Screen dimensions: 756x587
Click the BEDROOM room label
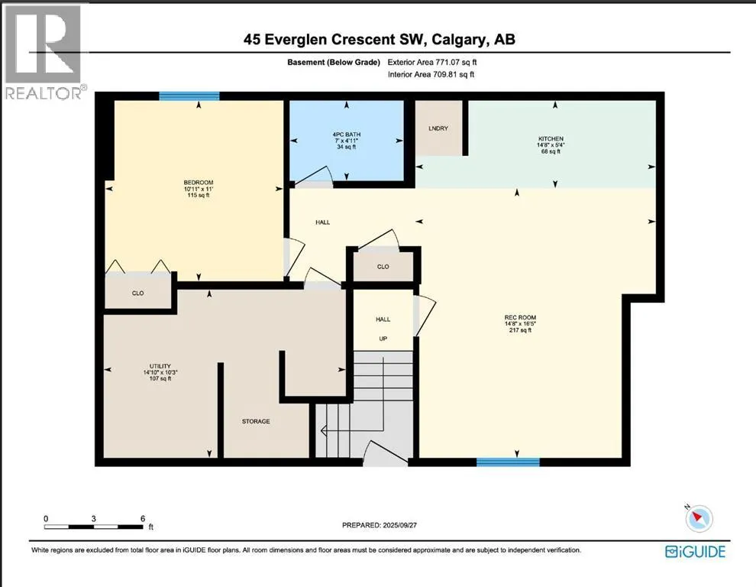198,183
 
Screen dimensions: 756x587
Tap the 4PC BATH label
346,135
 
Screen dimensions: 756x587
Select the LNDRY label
438,128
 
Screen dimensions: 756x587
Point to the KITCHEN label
550,138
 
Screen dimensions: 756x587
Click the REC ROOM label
520,318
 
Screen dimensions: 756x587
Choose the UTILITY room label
160,366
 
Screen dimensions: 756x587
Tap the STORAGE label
256,421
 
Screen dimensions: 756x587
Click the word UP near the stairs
383,339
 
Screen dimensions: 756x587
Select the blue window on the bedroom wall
189,96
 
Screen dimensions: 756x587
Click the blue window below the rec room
508,462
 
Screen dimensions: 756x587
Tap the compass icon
698,518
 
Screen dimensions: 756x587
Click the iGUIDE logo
695,551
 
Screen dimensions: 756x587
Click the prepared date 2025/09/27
399,525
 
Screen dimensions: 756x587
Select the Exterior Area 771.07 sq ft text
432,62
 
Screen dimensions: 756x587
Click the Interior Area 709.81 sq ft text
431,74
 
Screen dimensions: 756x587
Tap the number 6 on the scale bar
143,518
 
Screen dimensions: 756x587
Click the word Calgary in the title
458,39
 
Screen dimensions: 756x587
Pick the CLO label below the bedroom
138,293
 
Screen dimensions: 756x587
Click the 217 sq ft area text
520,330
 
